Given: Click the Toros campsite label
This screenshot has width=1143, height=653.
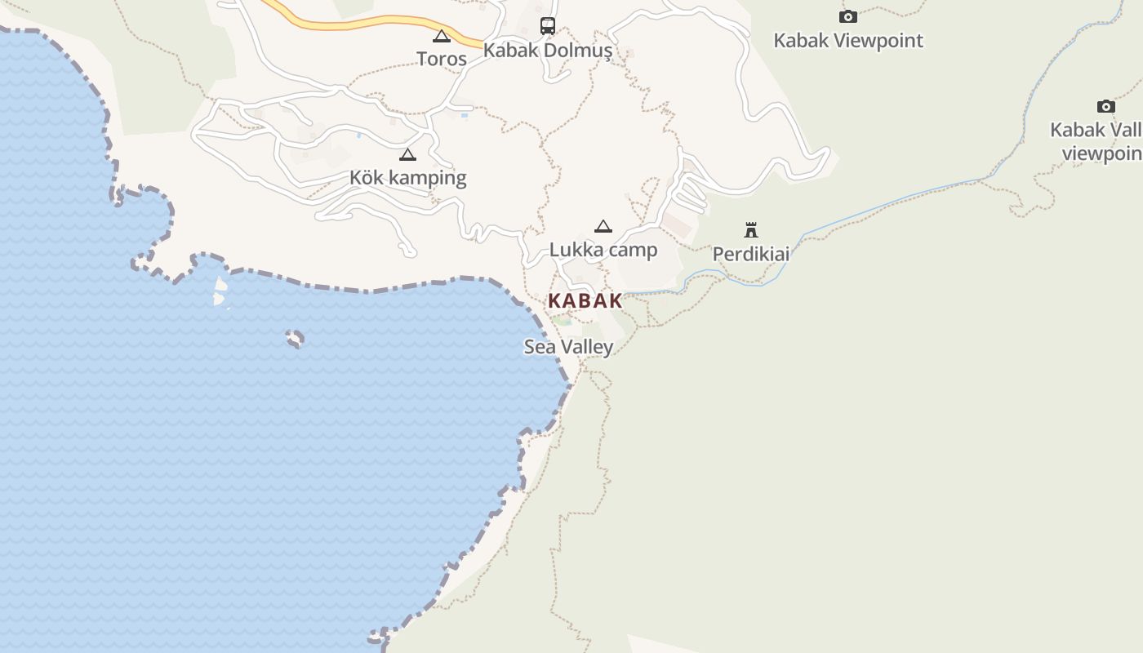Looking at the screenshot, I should coord(442,59).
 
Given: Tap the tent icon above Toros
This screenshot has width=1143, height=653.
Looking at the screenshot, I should coord(442,36).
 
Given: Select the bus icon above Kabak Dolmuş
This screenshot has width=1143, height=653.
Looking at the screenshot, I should coord(547,26).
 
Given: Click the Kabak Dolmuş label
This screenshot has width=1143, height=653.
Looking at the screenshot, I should coord(547,50).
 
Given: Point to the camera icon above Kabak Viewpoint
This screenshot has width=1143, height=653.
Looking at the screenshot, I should coord(848,16).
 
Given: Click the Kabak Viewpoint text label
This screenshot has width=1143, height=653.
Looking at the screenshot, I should coord(848,41).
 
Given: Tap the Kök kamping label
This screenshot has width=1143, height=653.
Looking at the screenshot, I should coord(407,178).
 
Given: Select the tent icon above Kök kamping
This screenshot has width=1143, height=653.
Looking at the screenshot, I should coord(407,154).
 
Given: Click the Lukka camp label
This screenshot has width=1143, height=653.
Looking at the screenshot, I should coord(603,250).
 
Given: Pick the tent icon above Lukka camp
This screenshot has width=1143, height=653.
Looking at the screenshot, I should coord(603,226).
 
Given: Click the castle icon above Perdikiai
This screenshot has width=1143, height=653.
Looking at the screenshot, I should coord(751,230).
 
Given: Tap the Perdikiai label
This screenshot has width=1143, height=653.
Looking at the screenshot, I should coord(751,254).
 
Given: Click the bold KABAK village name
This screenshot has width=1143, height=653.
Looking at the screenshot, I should coord(585,300).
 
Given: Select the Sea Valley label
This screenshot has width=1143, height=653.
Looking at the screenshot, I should coord(568,347).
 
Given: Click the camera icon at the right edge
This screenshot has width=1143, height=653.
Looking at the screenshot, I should coord(1105,106).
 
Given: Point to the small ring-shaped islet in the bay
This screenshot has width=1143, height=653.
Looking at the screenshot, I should coord(295,338).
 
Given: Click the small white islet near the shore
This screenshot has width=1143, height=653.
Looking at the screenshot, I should coord(219,291).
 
